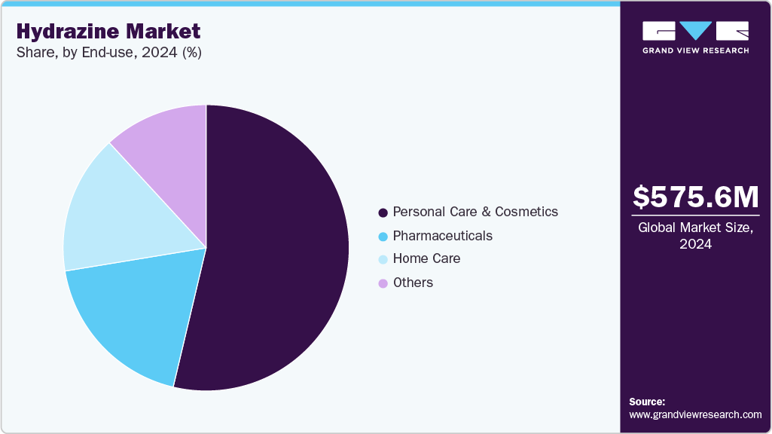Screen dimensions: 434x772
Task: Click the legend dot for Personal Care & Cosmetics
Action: [383, 212]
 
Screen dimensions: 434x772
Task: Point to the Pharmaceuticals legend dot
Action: [383, 237]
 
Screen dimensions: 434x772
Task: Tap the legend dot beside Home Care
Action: [383, 260]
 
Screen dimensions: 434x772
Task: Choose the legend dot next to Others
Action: [383, 283]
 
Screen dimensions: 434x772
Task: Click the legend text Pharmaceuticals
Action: [442, 236]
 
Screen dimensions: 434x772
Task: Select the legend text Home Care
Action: [426, 259]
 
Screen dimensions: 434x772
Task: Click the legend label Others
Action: [413, 283]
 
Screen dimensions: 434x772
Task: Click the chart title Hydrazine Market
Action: [108, 32]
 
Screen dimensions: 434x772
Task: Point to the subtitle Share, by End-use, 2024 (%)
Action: [108, 53]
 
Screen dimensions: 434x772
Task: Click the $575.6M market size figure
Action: [695, 197]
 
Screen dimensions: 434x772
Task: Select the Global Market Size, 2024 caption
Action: [695, 235]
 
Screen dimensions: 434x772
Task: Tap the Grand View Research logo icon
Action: [695, 31]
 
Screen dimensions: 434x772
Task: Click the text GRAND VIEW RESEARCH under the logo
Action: [695, 50]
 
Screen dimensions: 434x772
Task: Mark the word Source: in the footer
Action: [647, 402]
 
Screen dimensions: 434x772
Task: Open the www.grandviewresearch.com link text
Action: [695, 415]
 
